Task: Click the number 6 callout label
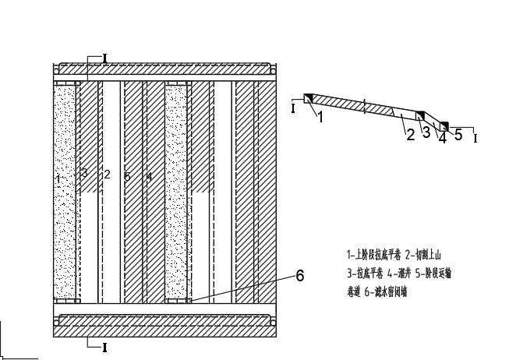[299, 275]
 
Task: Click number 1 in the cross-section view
[319, 118]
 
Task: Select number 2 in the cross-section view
[409, 135]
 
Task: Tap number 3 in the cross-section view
[426, 132]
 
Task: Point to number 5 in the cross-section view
[458, 135]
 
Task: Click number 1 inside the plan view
[58, 178]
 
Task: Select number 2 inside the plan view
[107, 175]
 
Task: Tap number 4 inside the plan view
[148, 177]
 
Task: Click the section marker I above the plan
[105, 58]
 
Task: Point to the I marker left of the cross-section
[293, 108]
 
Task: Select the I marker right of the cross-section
[475, 138]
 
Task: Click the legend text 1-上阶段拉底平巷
[375, 254]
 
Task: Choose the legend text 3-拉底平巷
[369, 274]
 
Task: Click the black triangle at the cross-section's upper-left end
[309, 98]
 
